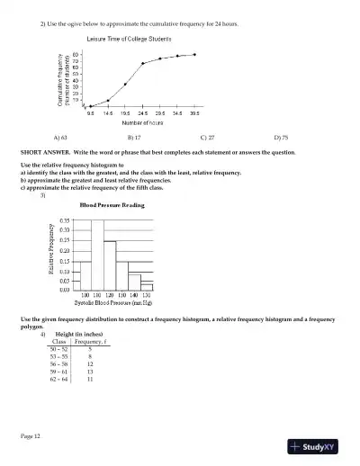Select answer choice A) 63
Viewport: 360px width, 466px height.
(60, 138)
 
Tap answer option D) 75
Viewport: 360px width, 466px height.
(280, 138)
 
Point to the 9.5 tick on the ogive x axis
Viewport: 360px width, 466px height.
(91, 113)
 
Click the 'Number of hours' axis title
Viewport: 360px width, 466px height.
(141, 122)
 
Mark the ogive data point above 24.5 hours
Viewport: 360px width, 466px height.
(142, 64)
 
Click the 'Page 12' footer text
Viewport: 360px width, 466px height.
(31, 435)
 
